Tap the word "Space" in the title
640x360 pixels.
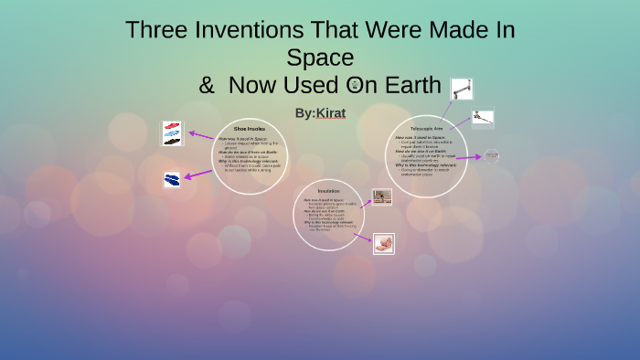[x=319, y=58]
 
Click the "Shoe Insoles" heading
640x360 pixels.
[x=250, y=130]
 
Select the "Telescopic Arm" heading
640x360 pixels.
[x=426, y=129]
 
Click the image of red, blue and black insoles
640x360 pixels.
[x=173, y=133]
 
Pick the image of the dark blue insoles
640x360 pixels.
[x=172, y=179]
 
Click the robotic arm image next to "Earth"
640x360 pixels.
[x=462, y=89]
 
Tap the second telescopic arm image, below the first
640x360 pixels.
[x=482, y=119]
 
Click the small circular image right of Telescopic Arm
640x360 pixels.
[x=492, y=156]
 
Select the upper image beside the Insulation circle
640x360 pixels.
[x=381, y=196]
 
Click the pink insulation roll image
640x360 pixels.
[x=384, y=243]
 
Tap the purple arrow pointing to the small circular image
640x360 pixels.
[x=468, y=157]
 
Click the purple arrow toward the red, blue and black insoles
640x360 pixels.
[x=200, y=136]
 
